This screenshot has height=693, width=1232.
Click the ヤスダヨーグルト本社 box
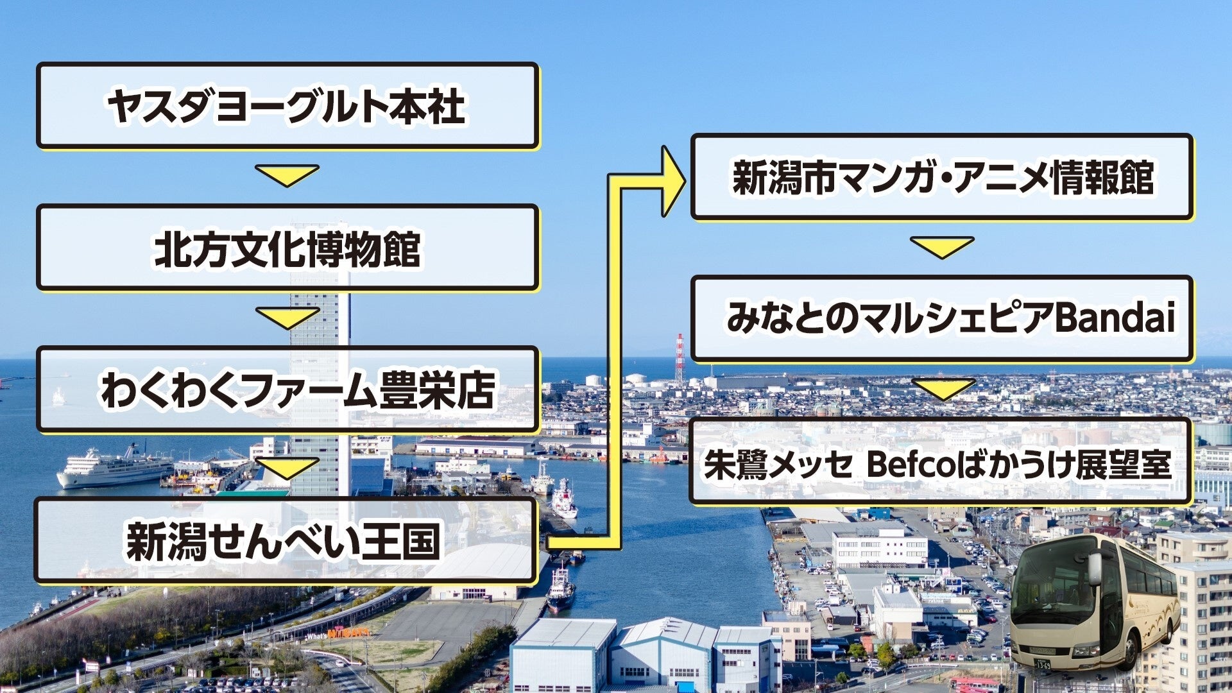287,106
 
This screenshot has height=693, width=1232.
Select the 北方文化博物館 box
287,248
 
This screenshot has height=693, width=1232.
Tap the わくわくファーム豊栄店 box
287,389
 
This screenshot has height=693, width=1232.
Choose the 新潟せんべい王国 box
285,541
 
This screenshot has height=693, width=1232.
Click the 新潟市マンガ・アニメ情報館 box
941,177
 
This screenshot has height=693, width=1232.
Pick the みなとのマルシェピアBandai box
941,318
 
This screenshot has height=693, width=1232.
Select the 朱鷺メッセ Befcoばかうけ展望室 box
940,462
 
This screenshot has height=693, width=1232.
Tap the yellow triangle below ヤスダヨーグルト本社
287,175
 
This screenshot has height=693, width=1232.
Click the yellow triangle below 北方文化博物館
287,316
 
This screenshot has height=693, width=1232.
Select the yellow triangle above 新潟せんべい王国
287,467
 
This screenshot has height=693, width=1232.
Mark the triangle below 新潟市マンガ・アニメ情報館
941,246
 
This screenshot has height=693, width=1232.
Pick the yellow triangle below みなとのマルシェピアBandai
943,388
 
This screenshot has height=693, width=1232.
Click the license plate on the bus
1043,662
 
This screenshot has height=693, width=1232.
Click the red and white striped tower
680,359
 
